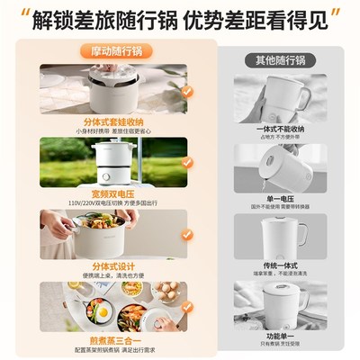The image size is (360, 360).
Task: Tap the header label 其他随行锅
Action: point(280,60)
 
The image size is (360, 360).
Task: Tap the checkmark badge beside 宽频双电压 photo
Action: point(187,163)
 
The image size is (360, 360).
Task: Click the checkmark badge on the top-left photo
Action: point(187,90)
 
